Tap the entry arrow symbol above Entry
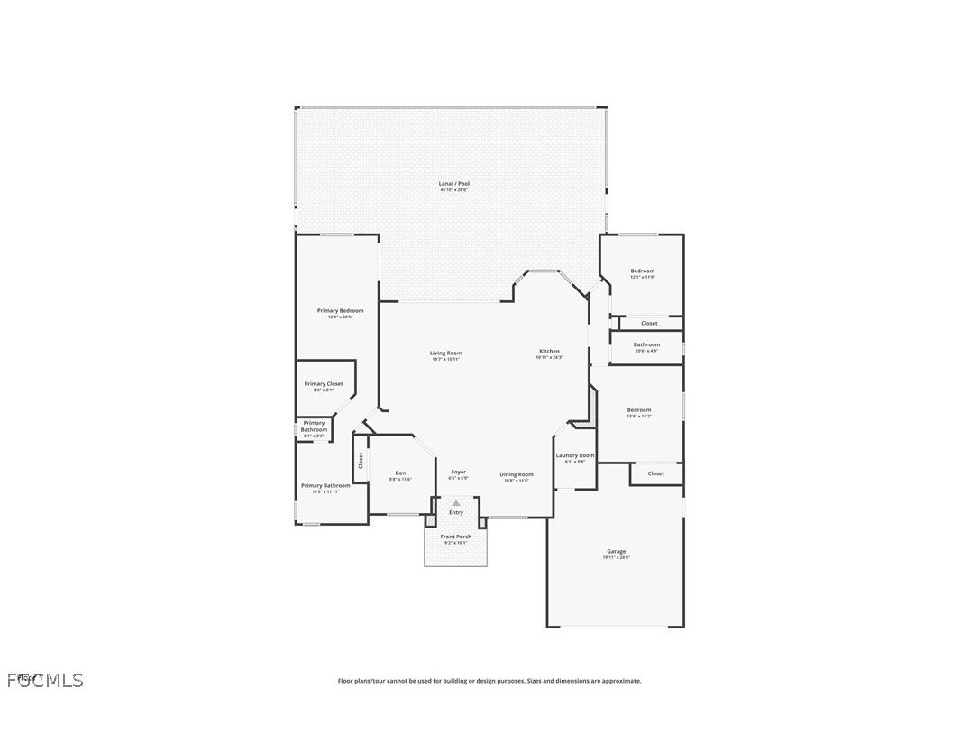pos(456,503)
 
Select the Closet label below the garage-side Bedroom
pos(655,473)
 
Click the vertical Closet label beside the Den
pos(361,461)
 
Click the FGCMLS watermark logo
pos(45,680)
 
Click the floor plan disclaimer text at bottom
pos(489,681)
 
